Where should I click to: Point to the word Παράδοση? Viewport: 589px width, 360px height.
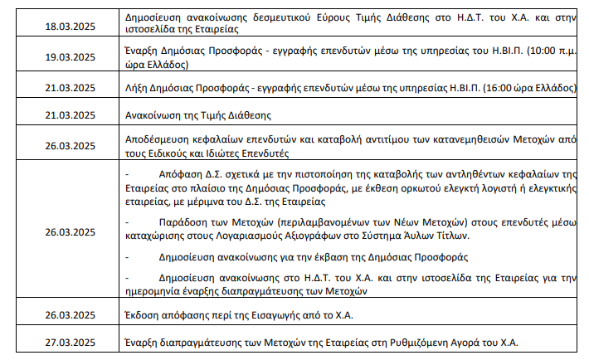click(x=183, y=223)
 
